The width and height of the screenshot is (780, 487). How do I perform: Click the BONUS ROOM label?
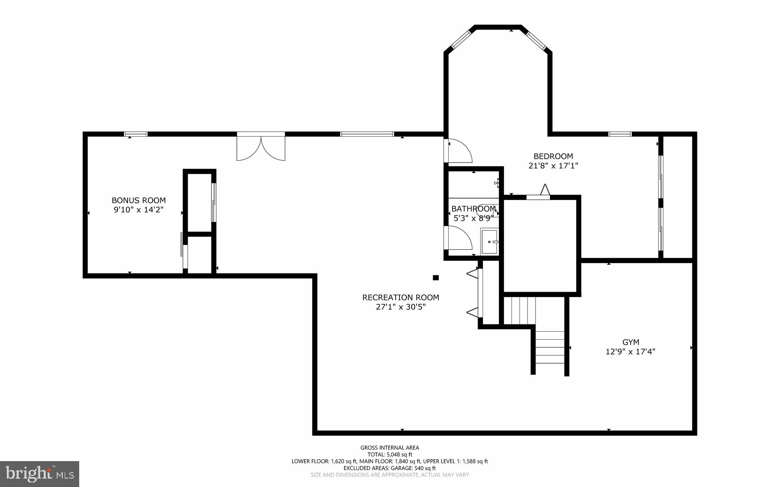[139, 200]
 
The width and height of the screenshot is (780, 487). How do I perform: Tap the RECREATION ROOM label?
[401, 297]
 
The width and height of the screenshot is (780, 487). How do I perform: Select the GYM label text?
[631, 342]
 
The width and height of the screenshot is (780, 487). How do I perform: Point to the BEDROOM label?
[553, 156]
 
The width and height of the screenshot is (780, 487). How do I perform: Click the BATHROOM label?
[473, 209]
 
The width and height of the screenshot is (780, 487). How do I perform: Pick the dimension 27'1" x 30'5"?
[401, 307]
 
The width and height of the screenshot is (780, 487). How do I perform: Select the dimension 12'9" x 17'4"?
[630, 352]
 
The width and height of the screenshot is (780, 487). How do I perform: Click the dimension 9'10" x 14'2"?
[139, 210]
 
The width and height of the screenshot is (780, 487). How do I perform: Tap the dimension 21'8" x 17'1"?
[553, 166]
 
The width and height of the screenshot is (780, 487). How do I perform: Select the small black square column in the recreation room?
[436, 278]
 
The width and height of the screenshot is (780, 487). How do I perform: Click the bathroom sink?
[490, 241]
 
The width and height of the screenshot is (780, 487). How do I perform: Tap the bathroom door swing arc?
[459, 238]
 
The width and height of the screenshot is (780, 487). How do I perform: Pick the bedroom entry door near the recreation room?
[459, 150]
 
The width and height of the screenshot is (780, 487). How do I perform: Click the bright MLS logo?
[40, 473]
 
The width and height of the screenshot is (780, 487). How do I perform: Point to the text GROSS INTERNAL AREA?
[390, 448]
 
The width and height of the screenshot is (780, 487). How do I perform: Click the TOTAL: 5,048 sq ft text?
[390, 454]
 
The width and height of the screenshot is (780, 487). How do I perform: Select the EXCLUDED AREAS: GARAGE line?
[390, 468]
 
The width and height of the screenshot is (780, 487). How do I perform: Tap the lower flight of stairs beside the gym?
[550, 352]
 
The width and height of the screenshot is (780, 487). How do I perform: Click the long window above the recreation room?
[367, 134]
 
